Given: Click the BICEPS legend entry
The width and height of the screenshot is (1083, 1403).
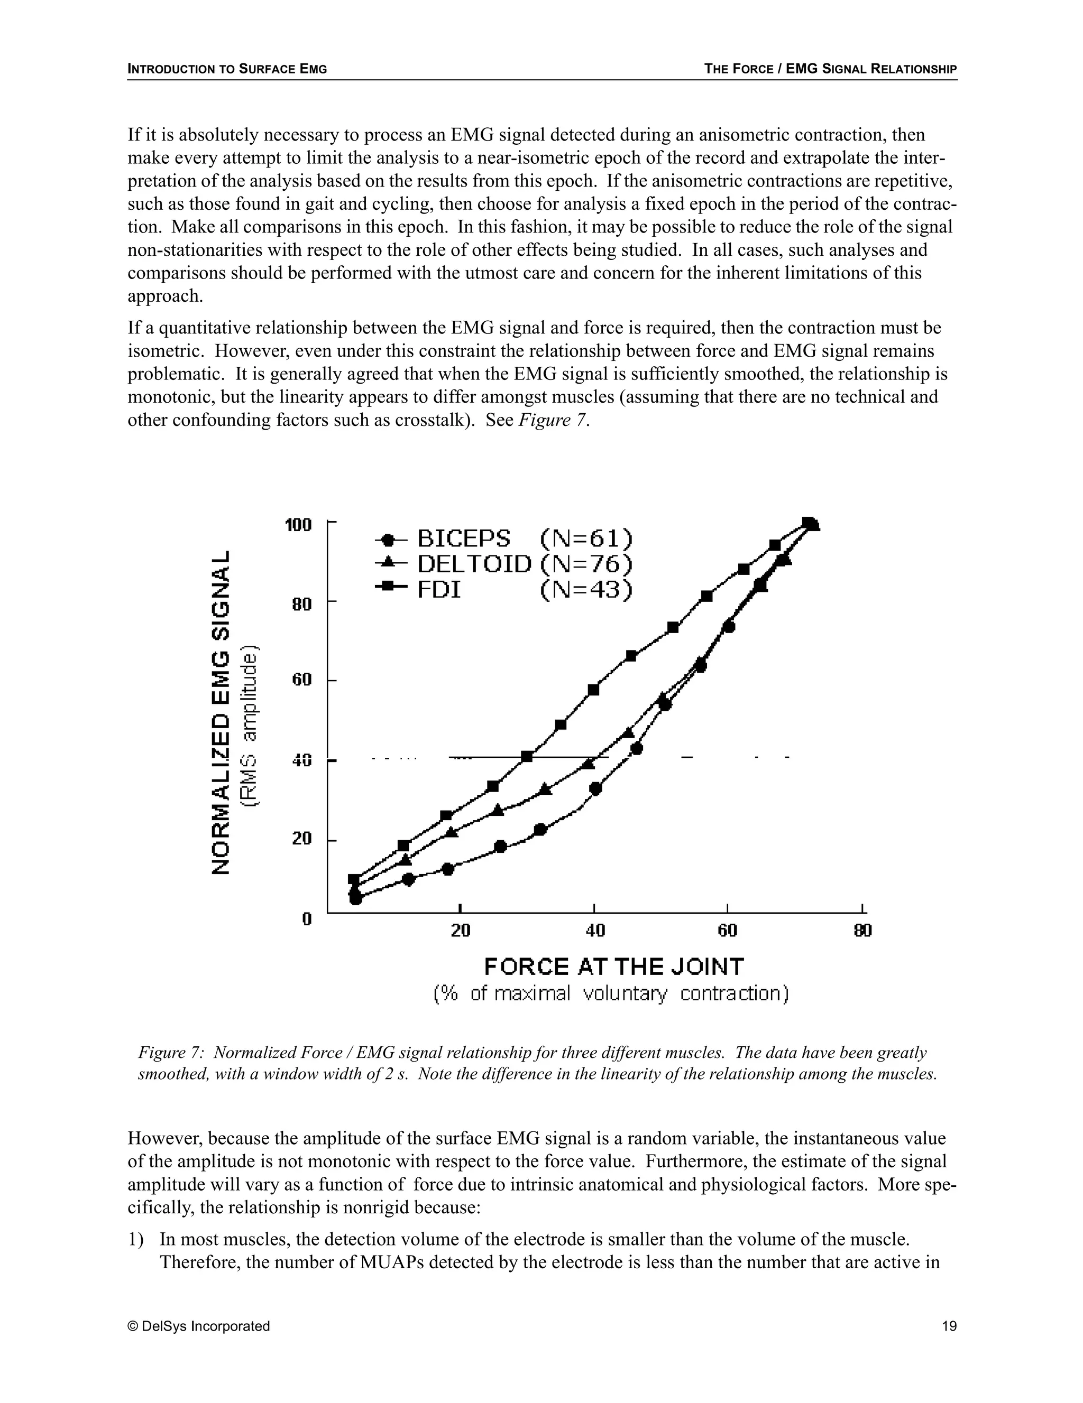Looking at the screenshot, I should (463, 538).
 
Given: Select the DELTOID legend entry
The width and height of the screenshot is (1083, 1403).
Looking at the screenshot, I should (474, 563).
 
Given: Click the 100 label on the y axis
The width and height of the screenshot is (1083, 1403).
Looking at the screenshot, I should (298, 525).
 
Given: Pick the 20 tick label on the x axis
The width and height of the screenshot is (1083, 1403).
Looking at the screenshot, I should (460, 930).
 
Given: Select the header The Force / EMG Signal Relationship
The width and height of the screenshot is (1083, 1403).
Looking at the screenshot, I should (830, 69).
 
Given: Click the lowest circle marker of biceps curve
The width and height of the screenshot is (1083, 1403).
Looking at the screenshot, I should (355, 898).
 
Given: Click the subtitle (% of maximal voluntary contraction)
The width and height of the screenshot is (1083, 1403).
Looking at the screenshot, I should (611, 994).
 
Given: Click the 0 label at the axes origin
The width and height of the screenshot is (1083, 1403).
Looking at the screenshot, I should (307, 918).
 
